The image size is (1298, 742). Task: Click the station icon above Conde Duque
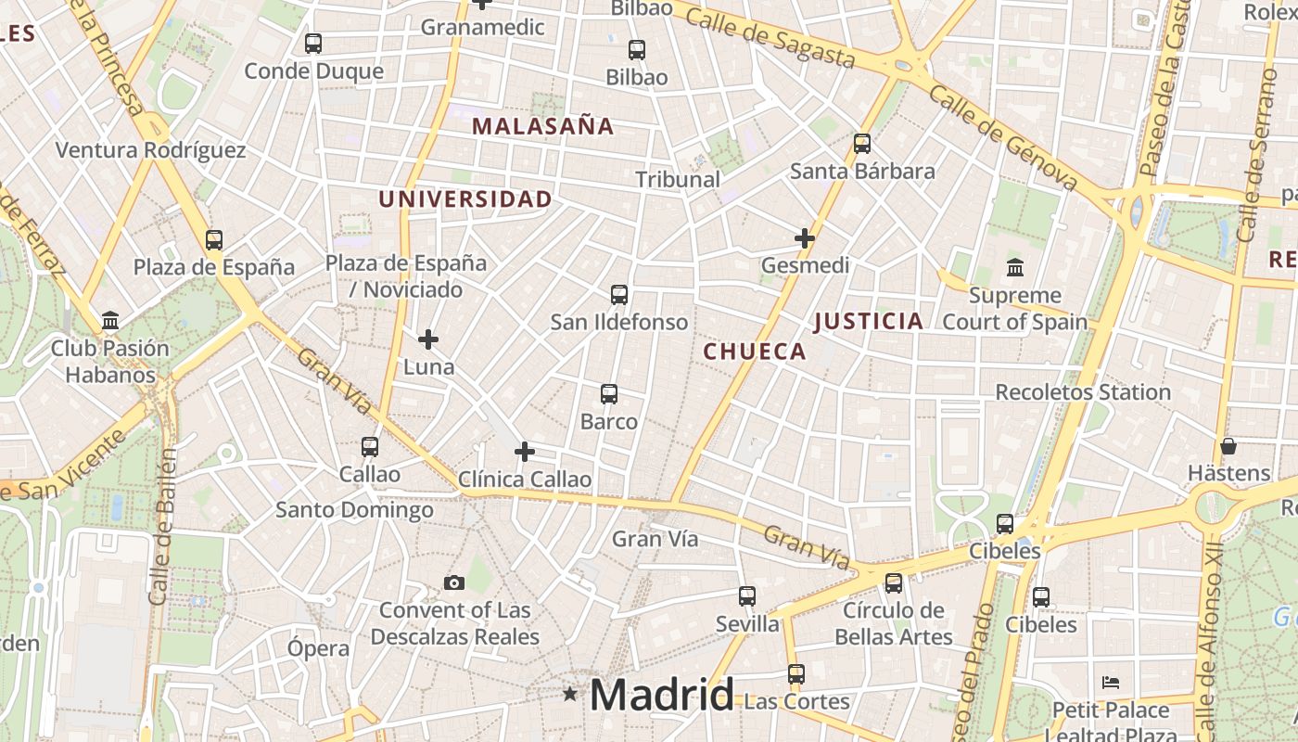[x=313, y=43]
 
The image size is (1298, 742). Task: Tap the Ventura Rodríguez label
[x=150, y=150]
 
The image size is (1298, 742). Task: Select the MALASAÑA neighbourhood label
[x=543, y=126]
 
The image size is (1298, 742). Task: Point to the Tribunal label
[x=678, y=179]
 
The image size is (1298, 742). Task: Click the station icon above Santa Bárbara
[x=862, y=143]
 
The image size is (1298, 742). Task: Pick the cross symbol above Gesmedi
[x=805, y=238]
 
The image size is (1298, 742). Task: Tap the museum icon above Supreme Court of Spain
[x=1015, y=267]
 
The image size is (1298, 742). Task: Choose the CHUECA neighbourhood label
[x=755, y=352]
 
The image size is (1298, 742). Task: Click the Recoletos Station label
[x=1083, y=392]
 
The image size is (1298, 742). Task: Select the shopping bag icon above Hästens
[x=1228, y=446]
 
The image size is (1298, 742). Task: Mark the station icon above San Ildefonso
[x=619, y=295]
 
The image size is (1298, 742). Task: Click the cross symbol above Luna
[x=428, y=339]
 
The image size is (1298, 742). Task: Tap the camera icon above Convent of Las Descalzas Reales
[x=454, y=582]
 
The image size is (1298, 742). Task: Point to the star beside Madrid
[x=570, y=694]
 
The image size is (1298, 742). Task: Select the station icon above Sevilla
[x=747, y=595]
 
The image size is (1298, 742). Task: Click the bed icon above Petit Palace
[x=1111, y=683]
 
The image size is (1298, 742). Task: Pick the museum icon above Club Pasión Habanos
[x=111, y=321]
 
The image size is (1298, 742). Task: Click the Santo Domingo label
[x=354, y=510]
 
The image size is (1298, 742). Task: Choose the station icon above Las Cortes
[x=796, y=673]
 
